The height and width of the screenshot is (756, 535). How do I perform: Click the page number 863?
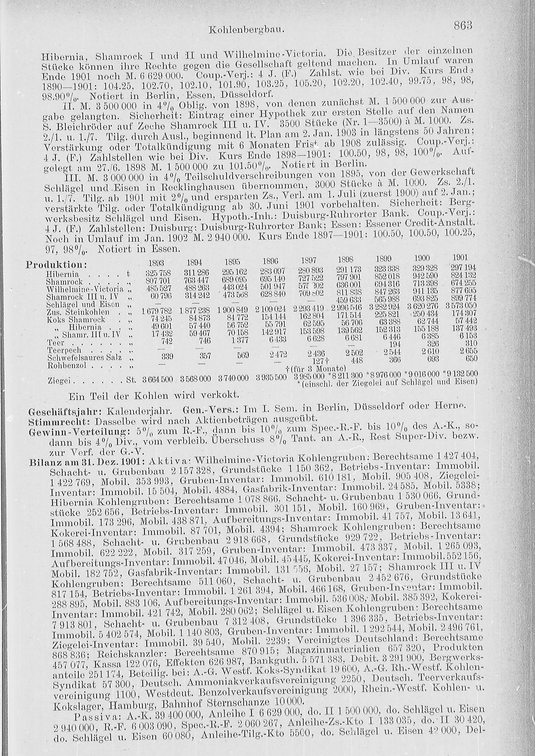pos(463,25)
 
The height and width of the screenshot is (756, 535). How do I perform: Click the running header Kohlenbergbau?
pos(246,30)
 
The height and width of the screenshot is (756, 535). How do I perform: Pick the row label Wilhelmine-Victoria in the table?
pos(85,290)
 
